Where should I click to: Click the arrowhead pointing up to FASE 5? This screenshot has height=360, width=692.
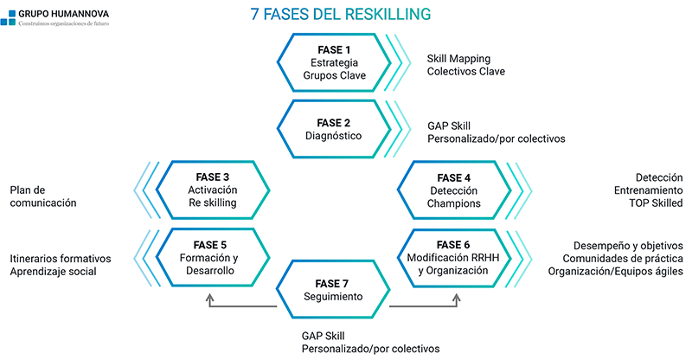click(x=209, y=299)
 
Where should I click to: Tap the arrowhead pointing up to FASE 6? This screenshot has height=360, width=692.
click(x=457, y=299)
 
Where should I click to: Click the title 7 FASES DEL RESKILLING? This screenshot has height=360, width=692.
click(x=340, y=14)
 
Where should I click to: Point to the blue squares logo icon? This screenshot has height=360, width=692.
click(x=8, y=18)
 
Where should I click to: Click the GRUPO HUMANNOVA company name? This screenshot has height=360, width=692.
click(x=63, y=14)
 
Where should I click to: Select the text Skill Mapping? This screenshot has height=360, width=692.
click(x=458, y=59)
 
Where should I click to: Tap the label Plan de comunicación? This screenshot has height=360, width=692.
click(x=43, y=196)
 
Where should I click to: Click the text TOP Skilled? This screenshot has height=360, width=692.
click(x=656, y=203)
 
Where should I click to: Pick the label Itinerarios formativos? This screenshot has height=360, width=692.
click(x=61, y=259)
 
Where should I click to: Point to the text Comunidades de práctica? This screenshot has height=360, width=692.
click(x=623, y=259)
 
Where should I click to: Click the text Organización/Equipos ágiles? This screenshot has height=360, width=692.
click(x=616, y=272)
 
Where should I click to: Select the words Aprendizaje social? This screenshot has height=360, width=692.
click(x=53, y=272)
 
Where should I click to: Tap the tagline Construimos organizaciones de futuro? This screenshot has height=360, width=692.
click(x=63, y=23)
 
